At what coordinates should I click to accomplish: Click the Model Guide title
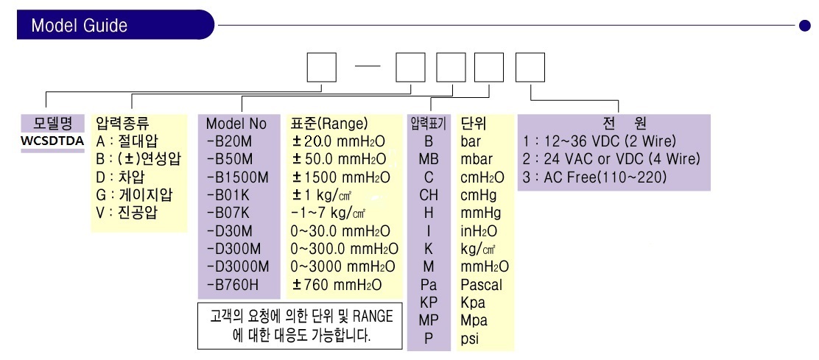click(80, 25)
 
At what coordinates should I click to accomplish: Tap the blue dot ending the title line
click(805, 25)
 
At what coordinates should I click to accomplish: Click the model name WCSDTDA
click(52, 141)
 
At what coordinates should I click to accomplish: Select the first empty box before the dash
click(321, 67)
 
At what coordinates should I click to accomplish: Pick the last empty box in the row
click(530, 67)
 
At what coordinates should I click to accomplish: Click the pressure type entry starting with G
click(135, 195)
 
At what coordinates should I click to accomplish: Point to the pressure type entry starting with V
click(127, 213)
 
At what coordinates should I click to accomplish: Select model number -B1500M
click(238, 177)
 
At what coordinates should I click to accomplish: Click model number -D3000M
click(238, 267)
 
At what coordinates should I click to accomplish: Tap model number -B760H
click(233, 285)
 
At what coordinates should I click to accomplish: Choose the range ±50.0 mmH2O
click(340, 159)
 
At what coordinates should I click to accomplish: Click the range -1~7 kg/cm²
click(328, 213)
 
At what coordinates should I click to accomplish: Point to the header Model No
click(236, 124)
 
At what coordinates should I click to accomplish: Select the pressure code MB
click(429, 159)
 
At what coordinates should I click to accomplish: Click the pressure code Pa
click(429, 285)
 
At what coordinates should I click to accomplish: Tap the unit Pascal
click(481, 285)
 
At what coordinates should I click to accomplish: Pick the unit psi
click(470, 339)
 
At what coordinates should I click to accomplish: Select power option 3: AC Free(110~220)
click(595, 177)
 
